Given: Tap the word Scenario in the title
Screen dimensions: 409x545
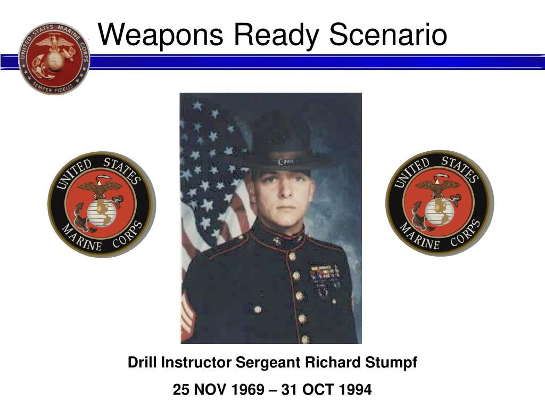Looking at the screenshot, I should coord(388,35).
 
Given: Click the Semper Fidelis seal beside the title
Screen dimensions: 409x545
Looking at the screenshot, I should coord(54,59).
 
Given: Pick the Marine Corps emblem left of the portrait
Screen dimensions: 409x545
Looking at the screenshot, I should coord(101,204).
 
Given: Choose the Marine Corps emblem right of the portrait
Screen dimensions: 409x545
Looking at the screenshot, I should coord(439,203).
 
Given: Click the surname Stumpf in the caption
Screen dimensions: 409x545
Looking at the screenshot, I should coord(391,363).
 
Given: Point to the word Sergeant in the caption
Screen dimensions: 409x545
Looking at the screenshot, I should coord(268,363).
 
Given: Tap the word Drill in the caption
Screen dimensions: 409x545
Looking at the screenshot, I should coord(142,363).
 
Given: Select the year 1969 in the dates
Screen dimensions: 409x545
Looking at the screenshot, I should coord(247,390).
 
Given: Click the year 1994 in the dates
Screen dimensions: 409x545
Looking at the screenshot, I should coord(355,390).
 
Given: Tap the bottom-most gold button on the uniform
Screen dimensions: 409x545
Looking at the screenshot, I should coord(305,338).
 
